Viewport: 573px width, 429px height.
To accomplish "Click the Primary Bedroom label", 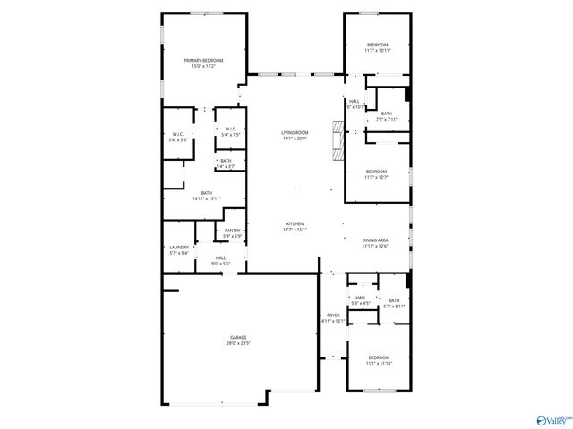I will pos(203,60).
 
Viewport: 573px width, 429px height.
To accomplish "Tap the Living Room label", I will pos(295,132).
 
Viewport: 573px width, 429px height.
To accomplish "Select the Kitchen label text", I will pos(295,223).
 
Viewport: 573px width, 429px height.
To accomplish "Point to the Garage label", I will pos(237,337).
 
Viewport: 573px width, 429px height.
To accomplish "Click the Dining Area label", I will pos(374,240).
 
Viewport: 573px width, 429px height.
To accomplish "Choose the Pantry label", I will pos(232,231).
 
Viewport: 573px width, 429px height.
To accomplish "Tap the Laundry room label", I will pos(179,248).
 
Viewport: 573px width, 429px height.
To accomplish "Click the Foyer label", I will pos(332,315).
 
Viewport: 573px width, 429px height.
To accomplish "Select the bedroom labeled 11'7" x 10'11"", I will pos(377,45).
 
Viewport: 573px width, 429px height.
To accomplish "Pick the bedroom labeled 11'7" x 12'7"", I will pos(376,172).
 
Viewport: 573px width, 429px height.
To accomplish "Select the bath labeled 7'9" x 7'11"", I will pos(386,114).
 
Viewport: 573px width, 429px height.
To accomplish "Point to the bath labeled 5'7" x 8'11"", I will pos(393,301).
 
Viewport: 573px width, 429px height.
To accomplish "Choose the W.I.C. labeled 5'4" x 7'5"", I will pos(230,130).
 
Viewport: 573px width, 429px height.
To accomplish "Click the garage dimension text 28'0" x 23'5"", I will pos(237,343).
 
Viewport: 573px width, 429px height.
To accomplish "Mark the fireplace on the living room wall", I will pos(337,140).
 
